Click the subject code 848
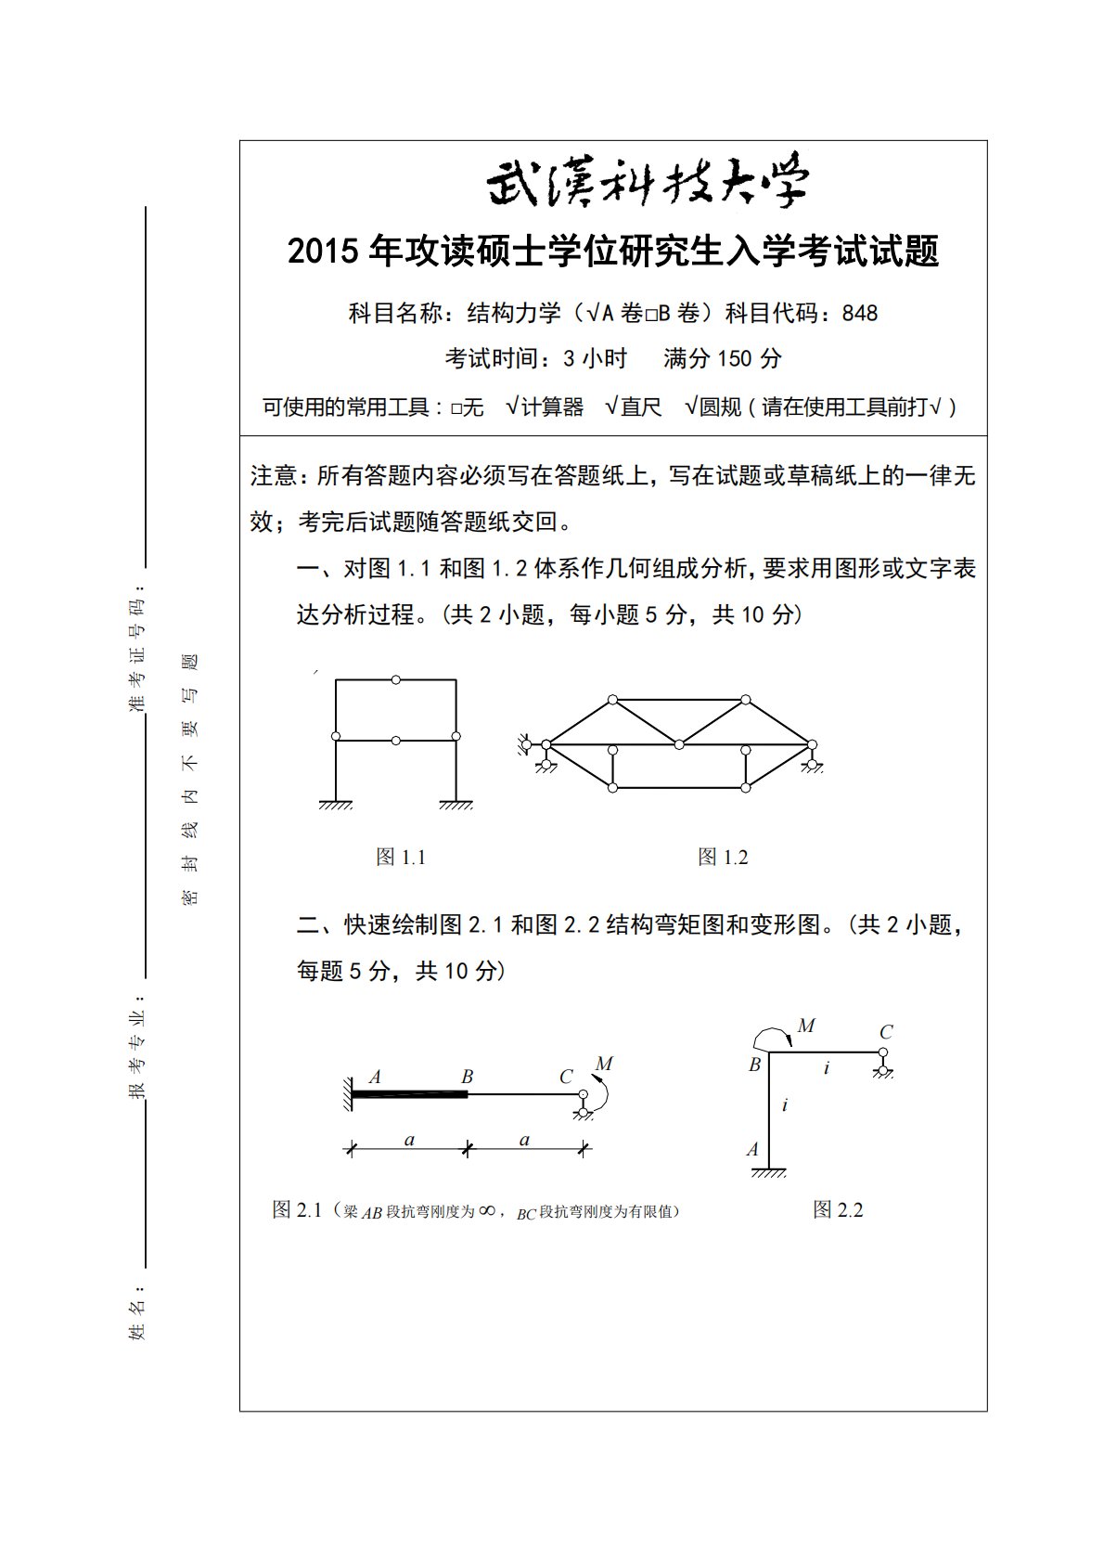860,314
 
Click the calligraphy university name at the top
648,183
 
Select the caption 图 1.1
401,857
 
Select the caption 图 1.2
723,857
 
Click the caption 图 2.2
838,1209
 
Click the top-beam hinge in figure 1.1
396,680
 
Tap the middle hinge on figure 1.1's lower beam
396,740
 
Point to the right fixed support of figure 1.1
456,804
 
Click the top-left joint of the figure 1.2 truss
612,700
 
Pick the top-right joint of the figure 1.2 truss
745,700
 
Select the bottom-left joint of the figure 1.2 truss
612,788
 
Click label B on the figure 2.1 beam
467,1077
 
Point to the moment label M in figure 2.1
605,1064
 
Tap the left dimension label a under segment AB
409,1140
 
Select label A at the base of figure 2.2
752,1149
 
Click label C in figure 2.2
886,1031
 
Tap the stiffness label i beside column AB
785,1104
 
